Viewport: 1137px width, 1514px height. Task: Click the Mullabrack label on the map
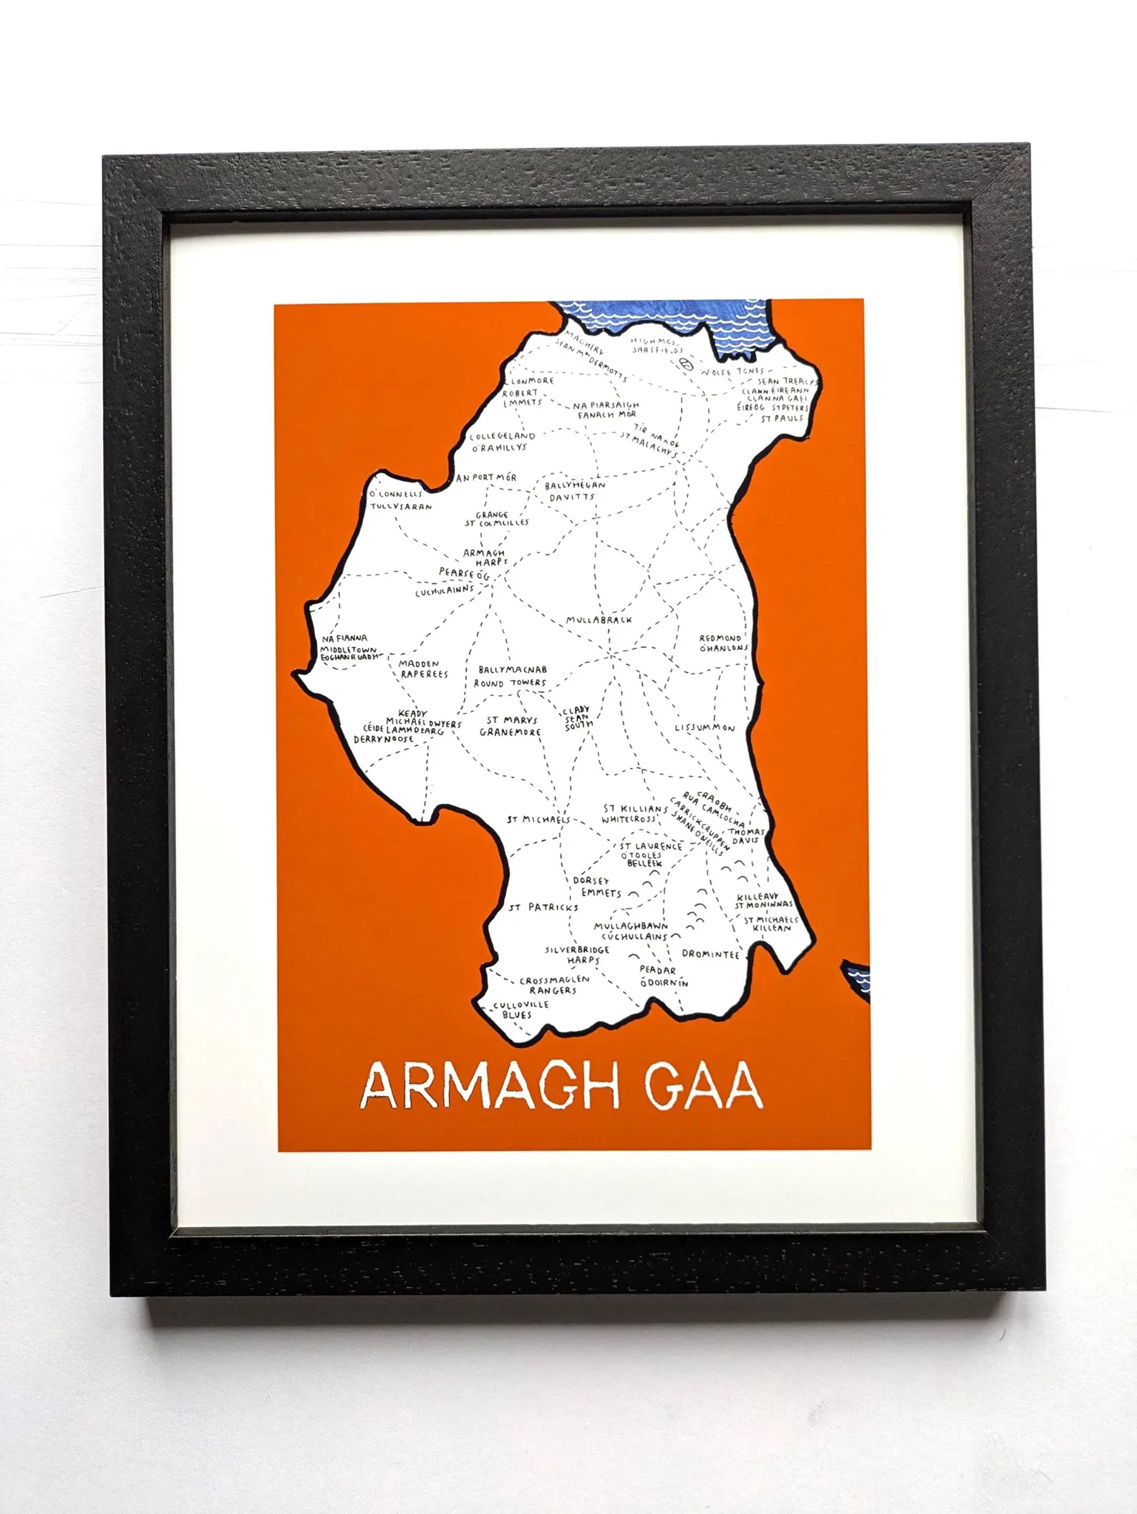tap(599, 620)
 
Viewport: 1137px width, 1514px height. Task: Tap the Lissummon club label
tap(705, 728)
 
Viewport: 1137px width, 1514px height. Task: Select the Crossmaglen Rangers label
tap(553, 984)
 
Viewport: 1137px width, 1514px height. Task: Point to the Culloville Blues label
tap(520, 1009)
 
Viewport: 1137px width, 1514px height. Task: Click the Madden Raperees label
tap(423, 669)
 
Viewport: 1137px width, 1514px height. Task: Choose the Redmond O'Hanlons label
tap(722, 643)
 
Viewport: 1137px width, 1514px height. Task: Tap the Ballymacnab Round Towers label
tap(512, 676)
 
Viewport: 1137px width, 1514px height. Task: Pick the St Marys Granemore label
tap(511, 726)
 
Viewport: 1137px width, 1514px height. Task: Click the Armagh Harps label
tap(484, 557)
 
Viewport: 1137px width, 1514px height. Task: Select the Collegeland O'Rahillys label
tap(501, 441)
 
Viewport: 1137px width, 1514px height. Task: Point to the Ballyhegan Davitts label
tap(574, 490)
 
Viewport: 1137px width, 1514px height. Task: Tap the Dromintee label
tap(710, 954)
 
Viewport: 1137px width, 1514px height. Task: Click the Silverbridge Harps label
tap(578, 954)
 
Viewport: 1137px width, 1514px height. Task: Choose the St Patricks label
tap(543, 907)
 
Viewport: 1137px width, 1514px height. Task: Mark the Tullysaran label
tap(401, 506)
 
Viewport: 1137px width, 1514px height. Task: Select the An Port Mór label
tap(486, 477)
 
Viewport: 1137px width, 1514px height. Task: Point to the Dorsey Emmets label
tap(596, 886)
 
